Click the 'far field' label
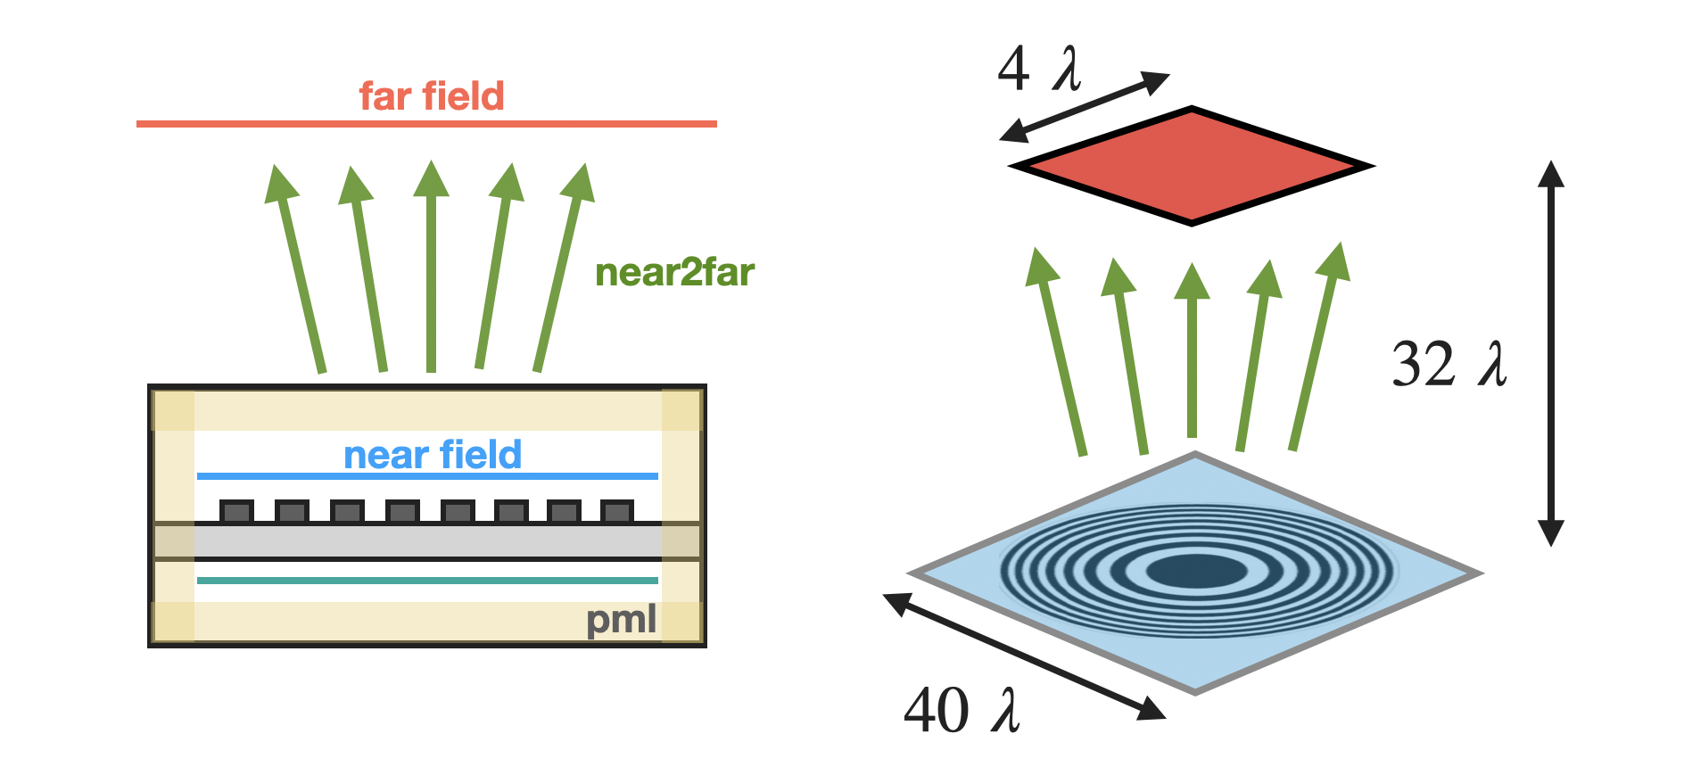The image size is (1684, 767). coord(432,96)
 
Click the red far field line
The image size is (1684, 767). coord(426,124)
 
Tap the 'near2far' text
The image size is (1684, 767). coord(674,273)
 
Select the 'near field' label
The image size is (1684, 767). coord(433,455)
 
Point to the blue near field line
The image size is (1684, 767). coord(427,476)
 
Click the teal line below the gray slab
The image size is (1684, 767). coord(427,581)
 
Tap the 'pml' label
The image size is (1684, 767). coord(622,619)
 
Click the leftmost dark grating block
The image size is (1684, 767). coord(236,511)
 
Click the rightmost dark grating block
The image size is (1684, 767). coord(617,511)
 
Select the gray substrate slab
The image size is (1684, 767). coord(427,540)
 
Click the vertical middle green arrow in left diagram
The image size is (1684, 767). coord(431,268)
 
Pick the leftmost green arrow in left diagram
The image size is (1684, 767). coord(299,268)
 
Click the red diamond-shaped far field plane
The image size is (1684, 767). coord(1192,166)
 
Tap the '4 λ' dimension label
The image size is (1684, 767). coord(1039,70)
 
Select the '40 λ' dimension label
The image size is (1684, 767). coord(962,711)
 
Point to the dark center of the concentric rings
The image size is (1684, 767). coord(1196,571)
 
